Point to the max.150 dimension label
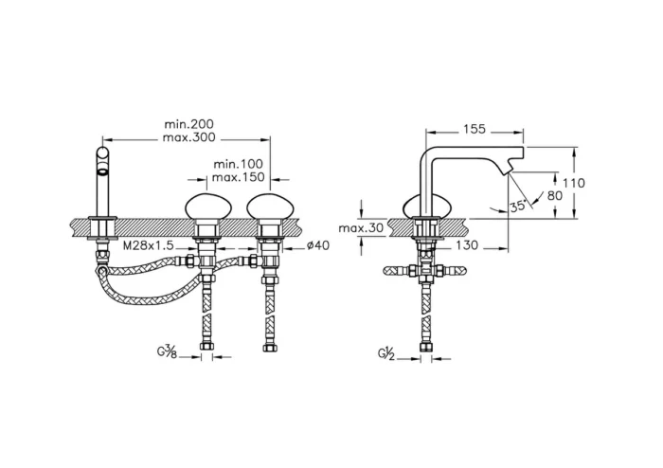[239, 178]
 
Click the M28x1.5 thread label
[149, 246]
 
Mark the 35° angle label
[517, 206]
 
